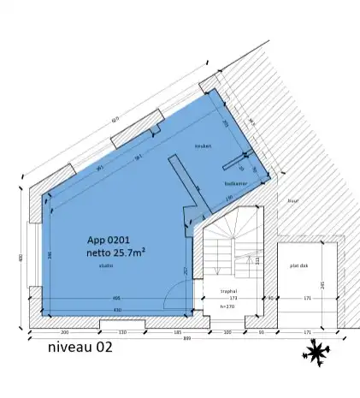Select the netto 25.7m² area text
tap(115, 253)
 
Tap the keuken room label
tap(202, 146)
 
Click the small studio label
tap(105, 266)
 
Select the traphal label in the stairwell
tap(227, 291)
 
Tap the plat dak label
tap(298, 265)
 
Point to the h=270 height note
tap(227, 305)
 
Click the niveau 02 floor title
tap(80, 348)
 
